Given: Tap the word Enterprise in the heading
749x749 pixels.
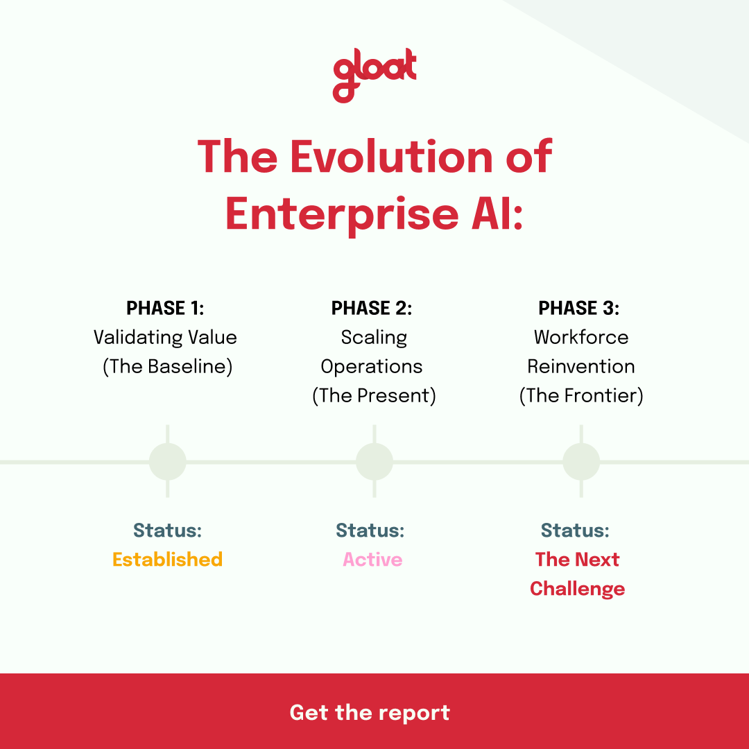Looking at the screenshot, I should click(338, 215).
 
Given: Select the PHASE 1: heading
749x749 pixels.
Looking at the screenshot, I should click(165, 308).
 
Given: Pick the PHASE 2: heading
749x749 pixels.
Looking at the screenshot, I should click(372, 308).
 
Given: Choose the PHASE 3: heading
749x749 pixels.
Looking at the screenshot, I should click(578, 308).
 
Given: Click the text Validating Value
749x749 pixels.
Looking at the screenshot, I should click(165, 338).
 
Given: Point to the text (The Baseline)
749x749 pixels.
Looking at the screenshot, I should click(167, 367).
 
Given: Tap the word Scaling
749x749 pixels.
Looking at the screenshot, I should click(374, 338).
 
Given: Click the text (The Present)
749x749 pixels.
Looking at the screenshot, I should click(374, 396).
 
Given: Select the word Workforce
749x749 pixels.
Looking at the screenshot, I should click(581, 338).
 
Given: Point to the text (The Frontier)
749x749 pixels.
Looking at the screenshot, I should click(581, 396).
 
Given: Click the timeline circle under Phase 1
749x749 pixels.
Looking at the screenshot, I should click(168, 462).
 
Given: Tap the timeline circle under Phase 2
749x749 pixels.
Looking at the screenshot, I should click(374, 462).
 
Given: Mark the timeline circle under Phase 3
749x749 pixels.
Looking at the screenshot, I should click(581, 462).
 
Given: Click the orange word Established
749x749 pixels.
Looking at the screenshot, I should click(167, 560).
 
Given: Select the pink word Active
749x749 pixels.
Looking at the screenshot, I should click(372, 560).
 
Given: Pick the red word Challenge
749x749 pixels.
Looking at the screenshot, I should click(577, 589).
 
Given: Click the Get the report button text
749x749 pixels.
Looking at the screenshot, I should click(370, 712).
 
